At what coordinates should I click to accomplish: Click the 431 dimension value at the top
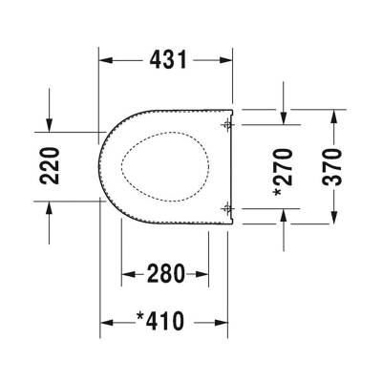click(167, 59)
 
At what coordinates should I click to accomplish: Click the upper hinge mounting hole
click(226, 125)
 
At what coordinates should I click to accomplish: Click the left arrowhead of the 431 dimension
click(107, 59)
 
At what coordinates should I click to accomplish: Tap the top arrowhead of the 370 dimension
click(333, 116)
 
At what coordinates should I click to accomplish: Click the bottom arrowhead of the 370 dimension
click(333, 216)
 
